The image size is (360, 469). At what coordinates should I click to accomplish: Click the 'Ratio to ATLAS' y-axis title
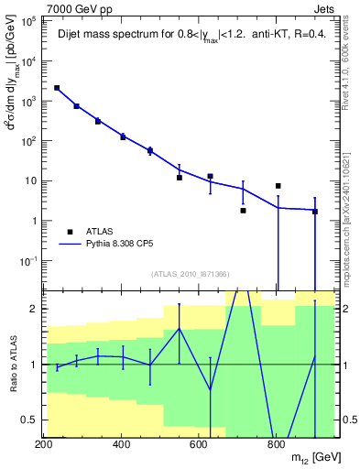[11, 364]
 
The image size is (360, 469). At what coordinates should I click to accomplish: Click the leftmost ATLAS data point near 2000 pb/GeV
[57, 88]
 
